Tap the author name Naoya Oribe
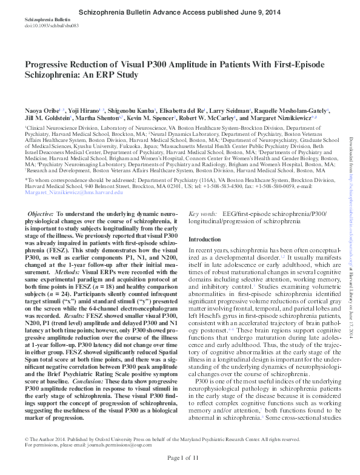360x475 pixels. click(39, 112)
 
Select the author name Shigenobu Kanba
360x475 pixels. click(136, 112)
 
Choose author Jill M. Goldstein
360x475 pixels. click(47, 120)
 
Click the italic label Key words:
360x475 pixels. click(203, 214)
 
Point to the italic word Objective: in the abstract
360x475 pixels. click(42, 215)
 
